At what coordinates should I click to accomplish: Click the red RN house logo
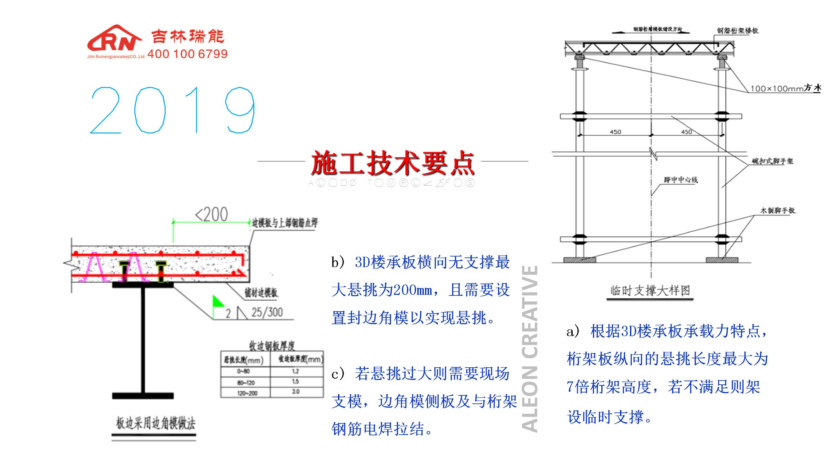[114, 39]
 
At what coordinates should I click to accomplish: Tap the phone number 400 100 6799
[187, 54]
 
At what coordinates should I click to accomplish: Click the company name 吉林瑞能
[188, 36]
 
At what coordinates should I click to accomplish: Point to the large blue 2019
[172, 110]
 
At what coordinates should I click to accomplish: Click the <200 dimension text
[212, 215]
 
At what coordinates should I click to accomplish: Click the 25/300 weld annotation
[267, 312]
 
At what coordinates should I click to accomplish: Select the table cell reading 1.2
[296, 371]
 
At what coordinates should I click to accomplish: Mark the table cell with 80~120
[246, 382]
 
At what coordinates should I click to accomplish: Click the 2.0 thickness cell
[296, 392]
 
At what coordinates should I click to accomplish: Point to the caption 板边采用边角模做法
[156, 423]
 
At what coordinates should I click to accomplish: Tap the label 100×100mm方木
[786, 88]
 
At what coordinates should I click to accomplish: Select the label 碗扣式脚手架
[772, 161]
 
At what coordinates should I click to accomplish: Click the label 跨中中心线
[681, 180]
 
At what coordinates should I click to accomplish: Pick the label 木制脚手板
[777, 211]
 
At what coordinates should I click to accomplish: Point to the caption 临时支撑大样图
[650, 291]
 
